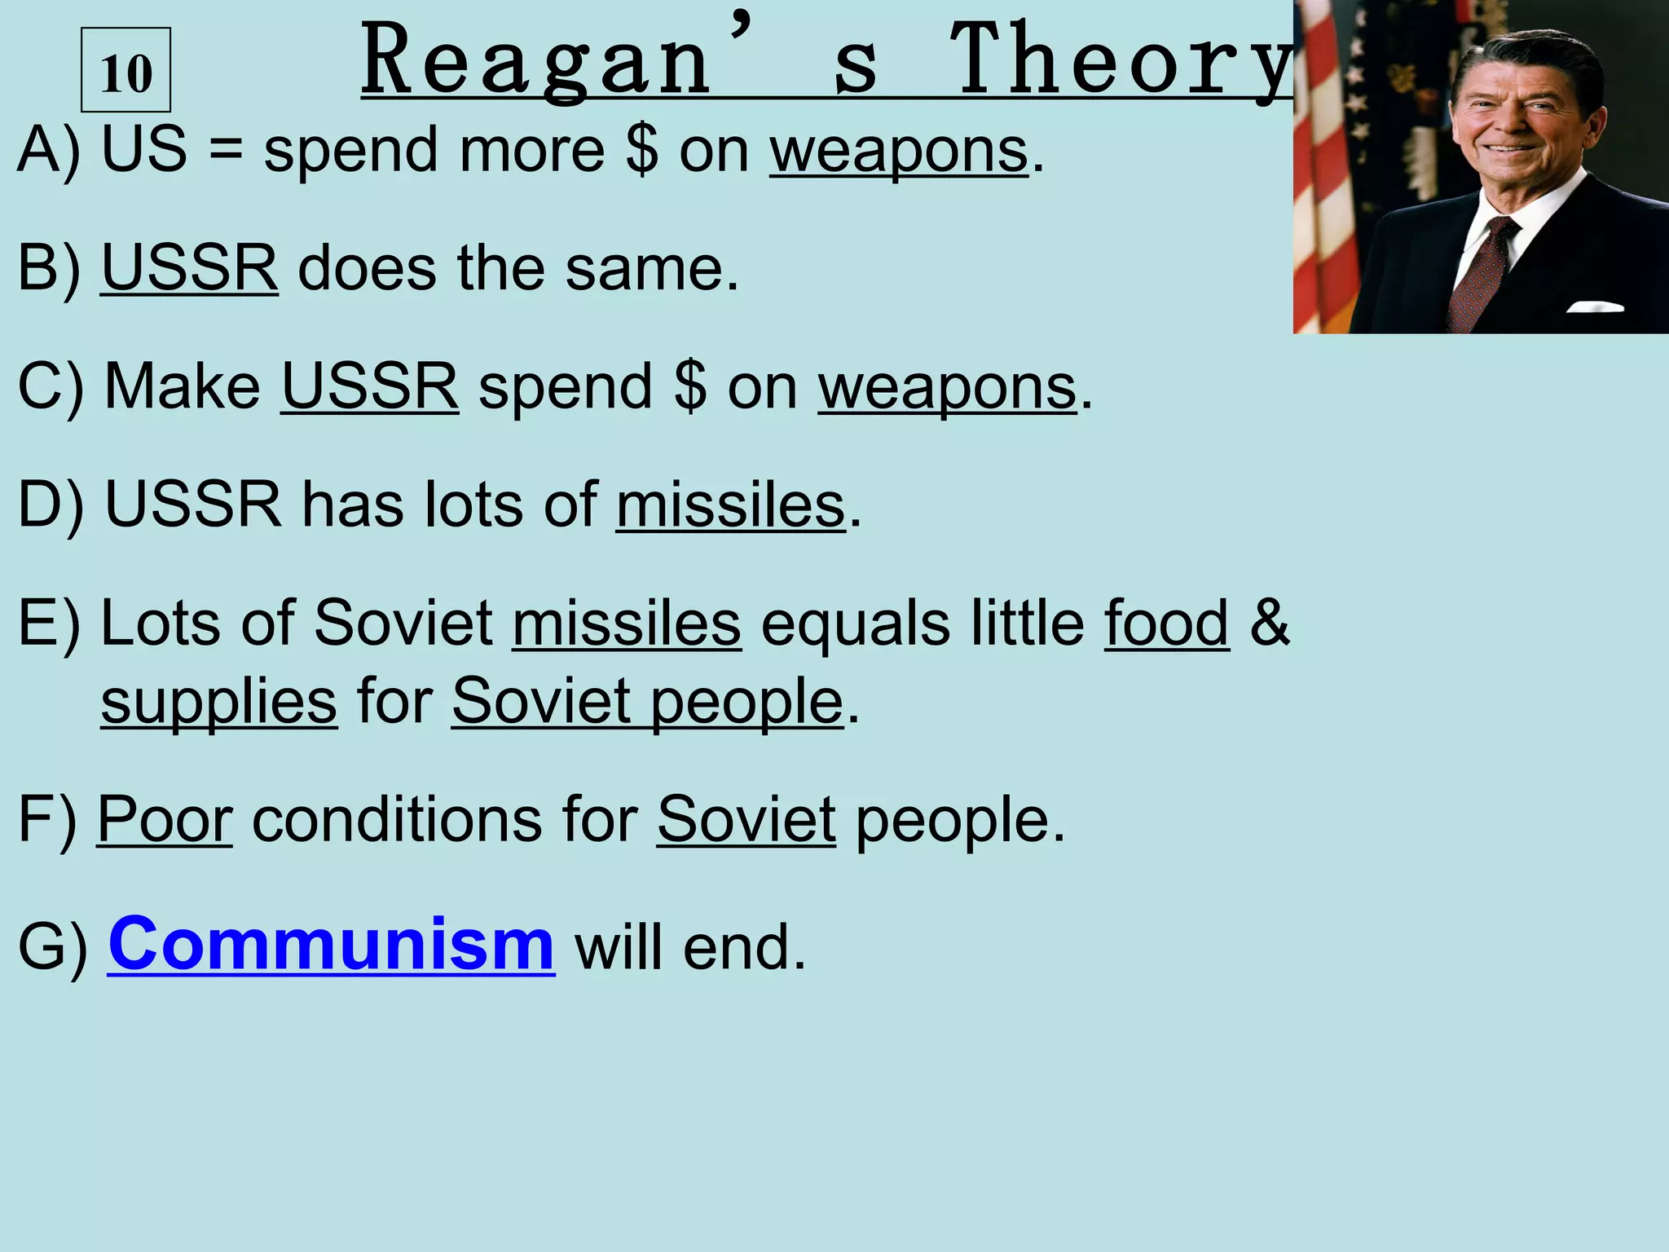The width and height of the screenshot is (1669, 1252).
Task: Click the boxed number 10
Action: click(126, 72)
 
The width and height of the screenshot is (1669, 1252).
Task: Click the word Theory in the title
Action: click(1121, 61)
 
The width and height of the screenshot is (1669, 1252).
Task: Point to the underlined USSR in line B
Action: click(189, 268)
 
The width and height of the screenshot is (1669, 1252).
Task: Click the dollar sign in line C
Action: click(690, 386)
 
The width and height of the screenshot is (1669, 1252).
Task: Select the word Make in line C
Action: click(183, 386)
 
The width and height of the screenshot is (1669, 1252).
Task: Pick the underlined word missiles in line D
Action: click(730, 506)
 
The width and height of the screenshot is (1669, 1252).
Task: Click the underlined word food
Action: click(1166, 624)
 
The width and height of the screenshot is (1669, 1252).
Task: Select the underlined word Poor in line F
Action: click(165, 820)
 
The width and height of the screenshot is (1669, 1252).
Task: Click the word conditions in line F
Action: click(397, 820)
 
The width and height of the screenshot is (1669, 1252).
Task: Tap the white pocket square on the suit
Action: click(1595, 307)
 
